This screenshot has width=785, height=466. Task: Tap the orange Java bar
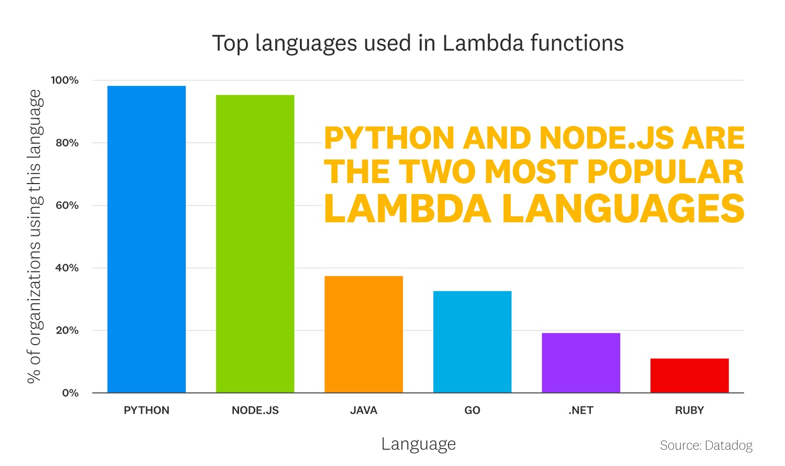click(x=364, y=334)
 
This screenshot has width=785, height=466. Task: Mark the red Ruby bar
click(x=689, y=376)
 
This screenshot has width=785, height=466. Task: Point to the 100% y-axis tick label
click(x=64, y=80)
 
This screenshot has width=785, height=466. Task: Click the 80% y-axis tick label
click(x=67, y=143)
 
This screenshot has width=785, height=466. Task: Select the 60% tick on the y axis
click(x=67, y=205)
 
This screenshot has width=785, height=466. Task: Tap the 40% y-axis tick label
click(x=67, y=268)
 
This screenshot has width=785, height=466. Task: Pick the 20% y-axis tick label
click(x=67, y=330)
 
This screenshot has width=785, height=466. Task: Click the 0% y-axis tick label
click(x=70, y=393)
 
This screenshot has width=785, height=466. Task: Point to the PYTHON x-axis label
click(x=147, y=411)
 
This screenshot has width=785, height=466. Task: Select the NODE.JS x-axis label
click(x=255, y=411)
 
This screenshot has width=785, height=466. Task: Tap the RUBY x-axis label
click(x=689, y=411)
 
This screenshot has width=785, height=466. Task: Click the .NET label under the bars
click(x=581, y=411)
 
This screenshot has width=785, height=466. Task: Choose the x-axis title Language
click(x=418, y=444)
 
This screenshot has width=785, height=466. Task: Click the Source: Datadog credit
click(x=706, y=445)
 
